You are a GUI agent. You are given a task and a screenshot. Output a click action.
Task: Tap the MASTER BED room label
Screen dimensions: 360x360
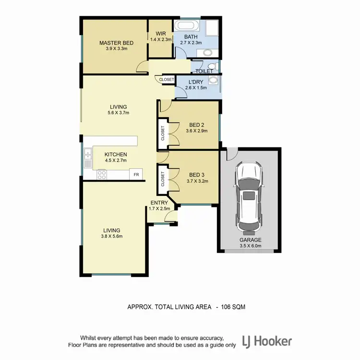116,43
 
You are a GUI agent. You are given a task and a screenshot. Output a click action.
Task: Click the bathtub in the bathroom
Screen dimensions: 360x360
186,26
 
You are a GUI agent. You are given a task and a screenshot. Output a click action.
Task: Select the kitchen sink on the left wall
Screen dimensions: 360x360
88,159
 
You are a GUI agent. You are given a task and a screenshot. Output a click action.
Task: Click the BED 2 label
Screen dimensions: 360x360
196,125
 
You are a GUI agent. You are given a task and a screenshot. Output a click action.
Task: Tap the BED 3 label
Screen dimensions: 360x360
196,174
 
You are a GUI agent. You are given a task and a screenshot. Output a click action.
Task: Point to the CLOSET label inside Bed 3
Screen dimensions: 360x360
163,179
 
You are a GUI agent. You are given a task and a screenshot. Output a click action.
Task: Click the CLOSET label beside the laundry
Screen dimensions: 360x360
167,80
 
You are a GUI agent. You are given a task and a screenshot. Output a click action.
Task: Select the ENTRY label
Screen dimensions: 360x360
159,203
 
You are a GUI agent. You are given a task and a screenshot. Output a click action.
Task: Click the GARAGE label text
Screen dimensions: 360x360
251,240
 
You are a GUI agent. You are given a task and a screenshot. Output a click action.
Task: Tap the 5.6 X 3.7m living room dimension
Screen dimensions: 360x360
118,113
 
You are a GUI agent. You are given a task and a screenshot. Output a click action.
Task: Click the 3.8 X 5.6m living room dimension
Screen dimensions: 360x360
111,237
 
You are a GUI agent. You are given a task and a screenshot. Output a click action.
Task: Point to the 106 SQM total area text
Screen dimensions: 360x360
233,306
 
